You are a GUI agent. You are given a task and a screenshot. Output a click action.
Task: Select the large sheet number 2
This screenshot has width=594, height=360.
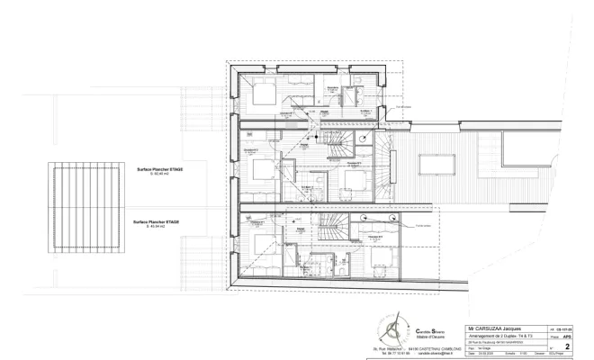coord(567,345)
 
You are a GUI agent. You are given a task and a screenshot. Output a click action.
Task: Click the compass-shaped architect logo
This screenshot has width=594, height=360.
coord(393,329)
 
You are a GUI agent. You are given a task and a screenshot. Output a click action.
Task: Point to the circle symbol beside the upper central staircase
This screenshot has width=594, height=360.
coord(361,138)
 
